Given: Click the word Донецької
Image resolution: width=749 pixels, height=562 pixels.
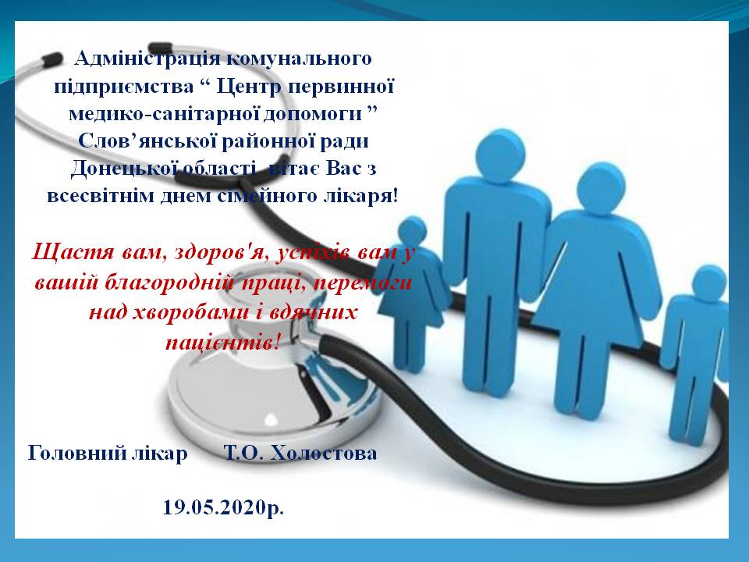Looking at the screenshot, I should click(x=119, y=168).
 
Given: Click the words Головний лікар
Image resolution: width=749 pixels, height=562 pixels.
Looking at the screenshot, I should click(x=108, y=453).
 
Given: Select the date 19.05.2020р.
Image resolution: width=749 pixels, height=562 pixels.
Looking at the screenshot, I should click(x=223, y=507).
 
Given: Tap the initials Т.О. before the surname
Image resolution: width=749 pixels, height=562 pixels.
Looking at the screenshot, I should click(x=242, y=453).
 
